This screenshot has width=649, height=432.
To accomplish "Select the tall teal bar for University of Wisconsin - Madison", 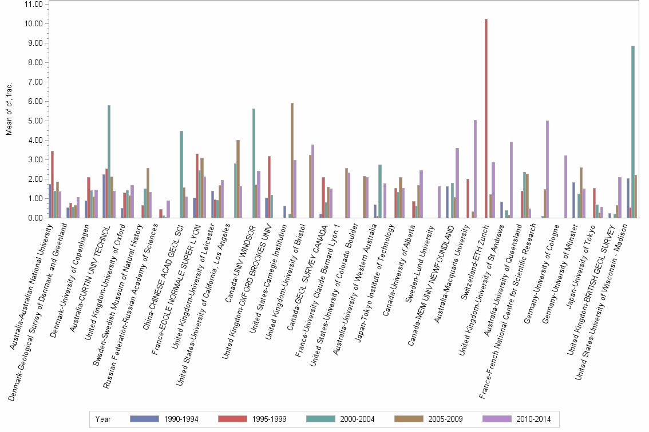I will coord(632,131).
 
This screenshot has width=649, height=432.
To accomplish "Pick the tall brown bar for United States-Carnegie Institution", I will coord(292,160).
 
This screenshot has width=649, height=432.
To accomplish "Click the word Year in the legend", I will coord(104,419).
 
